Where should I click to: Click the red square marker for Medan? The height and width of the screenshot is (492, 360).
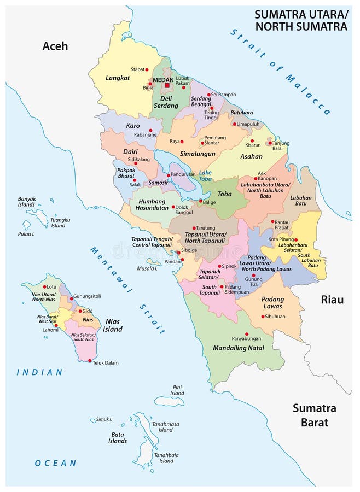pyautogui.click(x=167, y=85)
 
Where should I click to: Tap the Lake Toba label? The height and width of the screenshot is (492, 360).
pyautogui.click(x=205, y=175)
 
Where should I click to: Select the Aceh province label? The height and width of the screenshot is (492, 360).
pyautogui.click(x=55, y=46)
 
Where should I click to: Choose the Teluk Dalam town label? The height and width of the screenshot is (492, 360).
pyautogui.click(x=104, y=362)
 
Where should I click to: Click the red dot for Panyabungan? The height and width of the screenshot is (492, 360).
pyautogui.click(x=247, y=333)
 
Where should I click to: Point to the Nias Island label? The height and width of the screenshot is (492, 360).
pyautogui.click(x=112, y=325)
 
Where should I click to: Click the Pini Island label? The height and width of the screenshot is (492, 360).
pyautogui.click(x=177, y=390)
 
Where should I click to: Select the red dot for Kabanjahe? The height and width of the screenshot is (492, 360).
pyautogui.click(x=150, y=130)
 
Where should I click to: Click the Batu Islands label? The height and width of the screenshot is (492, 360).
pyautogui.click(x=117, y=437)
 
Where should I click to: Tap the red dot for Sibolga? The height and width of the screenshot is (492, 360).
pyautogui.click(x=179, y=253)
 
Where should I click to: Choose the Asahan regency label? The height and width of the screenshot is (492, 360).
pyautogui.click(x=251, y=156)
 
